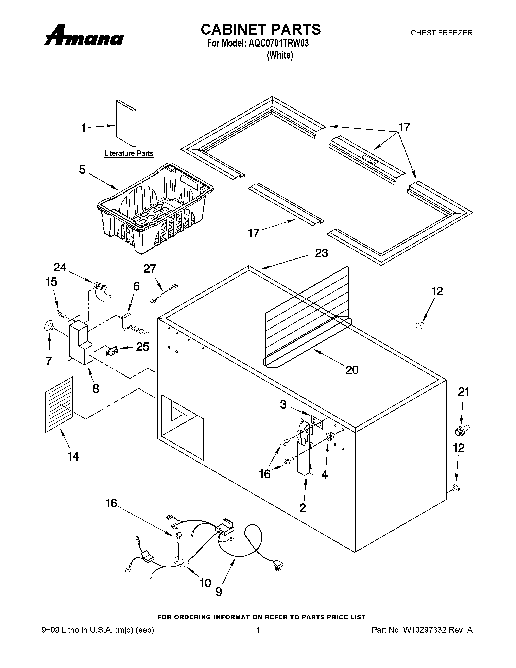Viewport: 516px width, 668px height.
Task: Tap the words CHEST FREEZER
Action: [x=441, y=33]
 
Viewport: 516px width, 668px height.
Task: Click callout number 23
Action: [x=321, y=253]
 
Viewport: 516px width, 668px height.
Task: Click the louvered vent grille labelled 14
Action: [x=59, y=404]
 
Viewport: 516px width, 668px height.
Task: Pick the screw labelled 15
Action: [x=61, y=314]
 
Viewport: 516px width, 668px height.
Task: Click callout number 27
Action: [x=150, y=269]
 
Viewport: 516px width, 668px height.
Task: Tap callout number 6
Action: [x=136, y=286]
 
